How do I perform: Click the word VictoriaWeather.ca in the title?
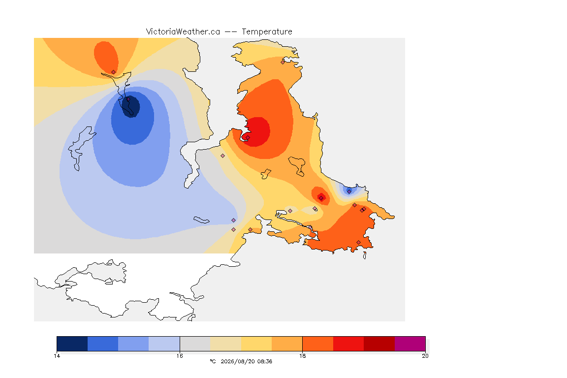183,32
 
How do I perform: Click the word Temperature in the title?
267,32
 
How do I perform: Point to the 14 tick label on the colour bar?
57,356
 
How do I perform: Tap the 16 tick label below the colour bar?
180,356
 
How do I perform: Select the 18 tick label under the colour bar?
302,356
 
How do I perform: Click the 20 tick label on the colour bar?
425,356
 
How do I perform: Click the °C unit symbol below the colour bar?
213,361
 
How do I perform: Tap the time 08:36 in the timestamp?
265,361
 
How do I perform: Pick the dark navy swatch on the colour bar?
72,344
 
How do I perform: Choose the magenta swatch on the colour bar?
410,344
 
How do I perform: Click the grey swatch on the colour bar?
195,344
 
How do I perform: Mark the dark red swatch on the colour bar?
379,344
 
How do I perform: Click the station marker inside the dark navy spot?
128,99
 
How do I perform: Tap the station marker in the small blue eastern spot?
349,191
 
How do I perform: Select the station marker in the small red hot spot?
321,198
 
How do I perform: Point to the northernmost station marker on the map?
283,62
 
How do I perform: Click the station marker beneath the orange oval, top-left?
114,72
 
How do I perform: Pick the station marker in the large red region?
248,137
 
